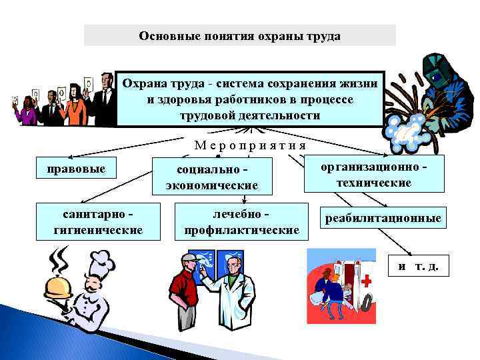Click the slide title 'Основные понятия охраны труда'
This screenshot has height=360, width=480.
coord(239,36)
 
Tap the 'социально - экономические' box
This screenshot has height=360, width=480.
coord(212,177)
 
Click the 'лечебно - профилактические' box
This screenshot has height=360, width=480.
coord(241,221)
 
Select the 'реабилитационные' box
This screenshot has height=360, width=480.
coord(383,218)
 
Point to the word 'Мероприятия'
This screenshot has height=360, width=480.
coord(250,145)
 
